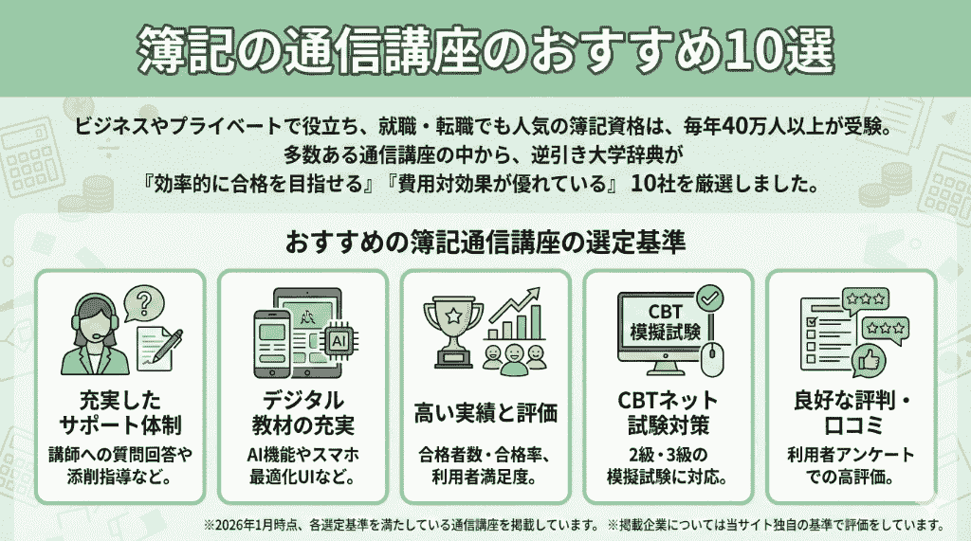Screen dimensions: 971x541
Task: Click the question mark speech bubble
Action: pyautogui.click(x=144, y=304)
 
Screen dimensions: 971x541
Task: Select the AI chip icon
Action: pyautogui.click(x=339, y=340)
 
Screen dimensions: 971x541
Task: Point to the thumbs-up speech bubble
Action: pyautogui.click(x=869, y=360)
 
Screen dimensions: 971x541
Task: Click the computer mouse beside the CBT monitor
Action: pyautogui.click(x=712, y=359)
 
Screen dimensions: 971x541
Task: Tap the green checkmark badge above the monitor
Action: pyautogui.click(x=709, y=299)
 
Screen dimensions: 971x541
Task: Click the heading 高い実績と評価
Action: pyautogui.click(x=485, y=413)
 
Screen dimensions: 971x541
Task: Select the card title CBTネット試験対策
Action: pyautogui.click(x=668, y=413)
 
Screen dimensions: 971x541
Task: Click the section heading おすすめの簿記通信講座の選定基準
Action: pyautogui.click(x=485, y=242)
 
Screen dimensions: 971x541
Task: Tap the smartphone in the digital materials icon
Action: pyautogui.click(x=272, y=343)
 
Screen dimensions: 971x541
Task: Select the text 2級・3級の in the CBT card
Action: pyautogui.click(x=668, y=455)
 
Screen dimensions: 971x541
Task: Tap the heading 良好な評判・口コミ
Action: pyautogui.click(x=852, y=413)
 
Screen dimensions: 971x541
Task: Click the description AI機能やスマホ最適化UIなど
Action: pyautogui.click(x=302, y=466)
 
